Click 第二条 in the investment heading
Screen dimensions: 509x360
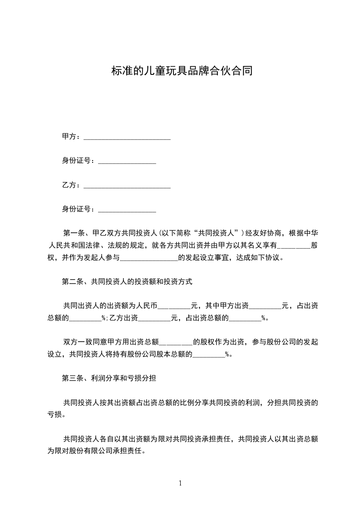(73, 282)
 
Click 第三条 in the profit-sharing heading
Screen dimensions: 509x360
(73, 377)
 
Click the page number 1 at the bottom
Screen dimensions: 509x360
(180, 483)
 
